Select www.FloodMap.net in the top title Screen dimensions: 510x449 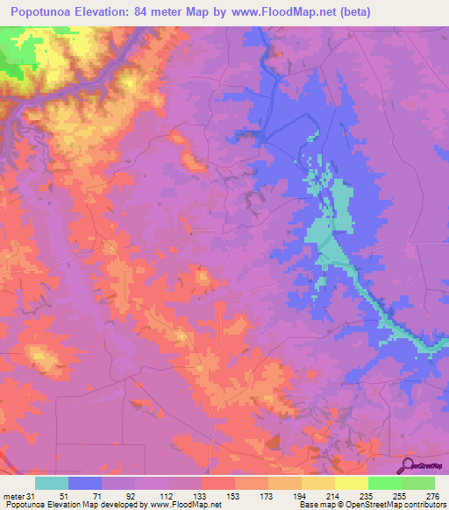click(x=285, y=12)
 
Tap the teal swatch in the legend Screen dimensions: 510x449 click(x=52, y=483)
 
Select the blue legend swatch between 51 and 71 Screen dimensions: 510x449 click(x=85, y=483)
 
